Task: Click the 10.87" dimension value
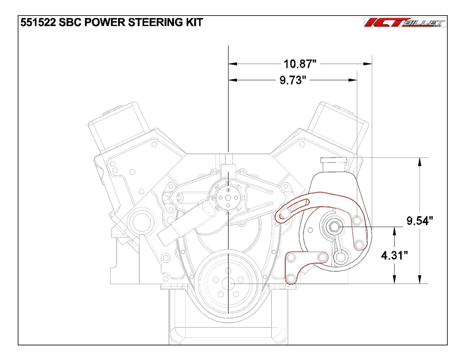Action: (x=300, y=64)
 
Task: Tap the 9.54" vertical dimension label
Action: (x=419, y=221)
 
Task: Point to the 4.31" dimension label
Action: (x=394, y=255)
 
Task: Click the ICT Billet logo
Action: (x=405, y=22)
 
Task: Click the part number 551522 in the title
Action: (x=38, y=22)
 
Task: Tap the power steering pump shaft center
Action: (x=334, y=227)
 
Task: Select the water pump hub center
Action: (x=228, y=198)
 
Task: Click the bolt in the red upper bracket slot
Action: (x=285, y=214)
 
